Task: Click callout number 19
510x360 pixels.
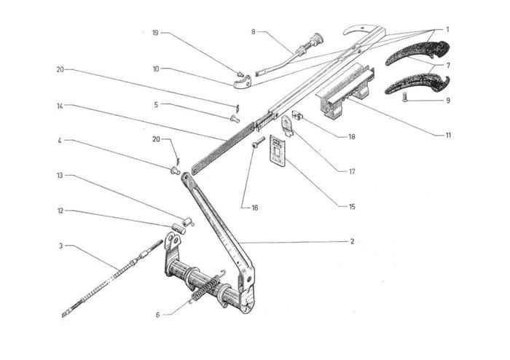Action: click(x=155, y=33)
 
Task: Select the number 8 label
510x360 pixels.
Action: click(x=253, y=32)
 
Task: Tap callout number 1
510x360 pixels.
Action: click(x=447, y=30)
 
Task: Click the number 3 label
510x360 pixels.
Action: click(x=60, y=246)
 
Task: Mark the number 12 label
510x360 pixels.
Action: click(x=60, y=211)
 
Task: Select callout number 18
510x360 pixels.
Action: click(x=351, y=136)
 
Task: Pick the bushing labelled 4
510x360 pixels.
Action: click(x=175, y=171)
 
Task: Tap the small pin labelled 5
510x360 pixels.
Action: click(x=235, y=118)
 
